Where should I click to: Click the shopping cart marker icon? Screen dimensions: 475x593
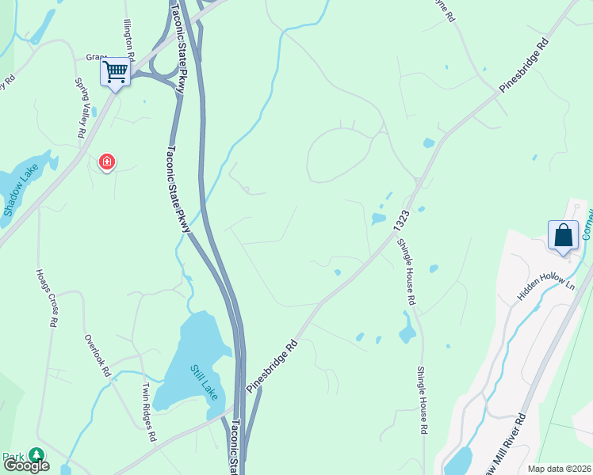[x=116, y=73]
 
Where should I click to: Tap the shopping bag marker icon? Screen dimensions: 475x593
[x=563, y=235]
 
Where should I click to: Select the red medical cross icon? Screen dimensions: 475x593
[x=106, y=162]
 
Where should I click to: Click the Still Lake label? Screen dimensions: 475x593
[x=203, y=382]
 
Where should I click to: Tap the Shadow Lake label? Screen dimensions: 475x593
[x=21, y=196]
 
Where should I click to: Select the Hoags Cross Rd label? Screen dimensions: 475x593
[x=46, y=297]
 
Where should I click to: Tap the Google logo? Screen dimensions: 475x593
[x=25, y=465]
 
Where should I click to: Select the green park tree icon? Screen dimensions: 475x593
[x=36, y=454]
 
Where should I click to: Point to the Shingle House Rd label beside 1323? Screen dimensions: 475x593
[x=406, y=273]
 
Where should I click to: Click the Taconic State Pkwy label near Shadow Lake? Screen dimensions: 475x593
[x=180, y=189]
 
